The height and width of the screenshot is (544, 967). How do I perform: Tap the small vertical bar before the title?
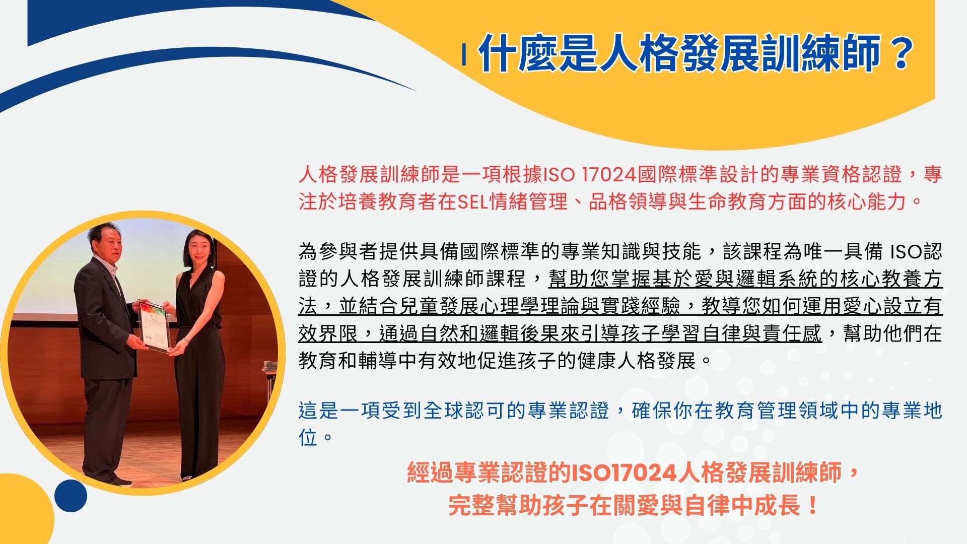coord(464,55)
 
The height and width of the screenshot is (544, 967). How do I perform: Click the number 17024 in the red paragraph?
coord(609,175)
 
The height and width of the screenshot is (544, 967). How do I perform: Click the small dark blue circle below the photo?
coord(71,496)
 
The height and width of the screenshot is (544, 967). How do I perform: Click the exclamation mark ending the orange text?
coord(812,505)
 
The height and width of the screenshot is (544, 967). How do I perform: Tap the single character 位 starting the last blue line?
coord(308,437)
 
